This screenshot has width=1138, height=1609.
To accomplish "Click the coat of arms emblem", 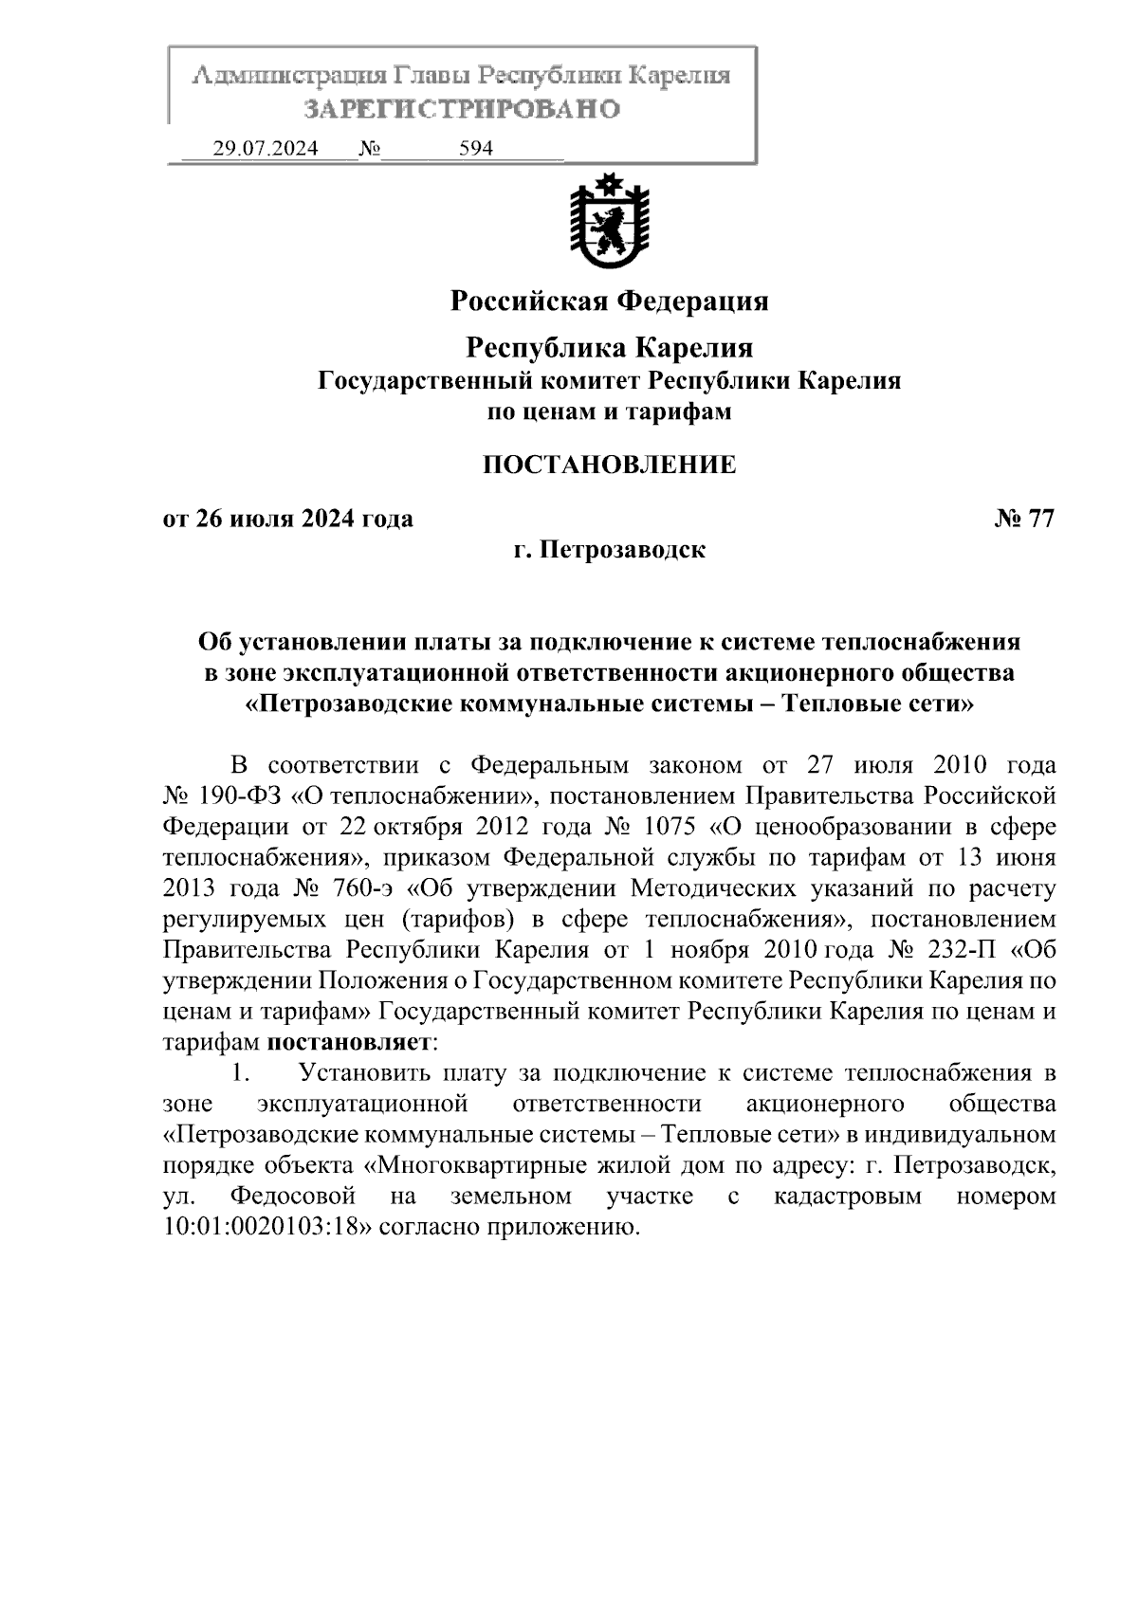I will pos(609,220).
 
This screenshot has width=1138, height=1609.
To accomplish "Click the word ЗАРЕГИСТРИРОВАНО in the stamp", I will pos(461,109).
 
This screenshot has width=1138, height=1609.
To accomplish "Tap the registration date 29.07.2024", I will pos(266,149).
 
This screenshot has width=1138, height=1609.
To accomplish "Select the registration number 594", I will pos(476,149).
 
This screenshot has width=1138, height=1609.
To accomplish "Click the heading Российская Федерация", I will pos(609,302).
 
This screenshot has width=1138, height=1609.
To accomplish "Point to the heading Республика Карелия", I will pos(609,348).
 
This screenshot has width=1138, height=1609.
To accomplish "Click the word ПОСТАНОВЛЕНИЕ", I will pos(609,465).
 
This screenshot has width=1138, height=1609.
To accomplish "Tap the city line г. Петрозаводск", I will pos(609,550).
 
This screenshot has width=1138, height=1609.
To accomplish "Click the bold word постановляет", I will pos(349,1042).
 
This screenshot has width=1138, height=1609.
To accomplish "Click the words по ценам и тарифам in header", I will pos(609,412).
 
